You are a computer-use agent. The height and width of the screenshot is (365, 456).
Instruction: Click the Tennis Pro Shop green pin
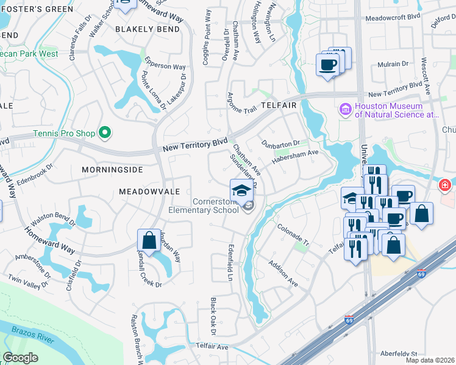click(x=105, y=132)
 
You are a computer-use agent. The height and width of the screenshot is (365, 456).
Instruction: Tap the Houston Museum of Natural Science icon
click(x=345, y=110)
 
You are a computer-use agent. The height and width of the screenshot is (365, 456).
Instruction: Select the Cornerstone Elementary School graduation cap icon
click(x=241, y=190)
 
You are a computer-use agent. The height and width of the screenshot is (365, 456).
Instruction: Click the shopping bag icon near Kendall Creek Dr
click(x=149, y=241)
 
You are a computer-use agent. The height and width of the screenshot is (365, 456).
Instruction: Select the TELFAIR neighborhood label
click(x=279, y=105)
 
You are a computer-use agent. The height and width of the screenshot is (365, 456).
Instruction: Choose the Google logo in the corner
click(x=20, y=358)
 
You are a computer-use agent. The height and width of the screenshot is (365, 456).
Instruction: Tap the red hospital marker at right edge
click(x=446, y=184)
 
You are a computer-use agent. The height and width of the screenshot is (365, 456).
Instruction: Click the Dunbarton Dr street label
click(x=281, y=144)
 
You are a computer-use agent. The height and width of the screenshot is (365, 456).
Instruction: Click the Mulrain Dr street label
click(x=392, y=64)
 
